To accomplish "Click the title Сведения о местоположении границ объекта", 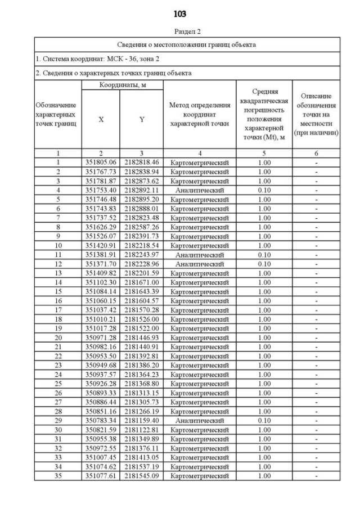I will click(x=187, y=44).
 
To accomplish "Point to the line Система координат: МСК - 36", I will click(x=90, y=58).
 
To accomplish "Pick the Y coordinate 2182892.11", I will click(x=141, y=190).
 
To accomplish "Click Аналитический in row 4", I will click(x=200, y=190).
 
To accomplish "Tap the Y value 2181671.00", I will click(x=141, y=282).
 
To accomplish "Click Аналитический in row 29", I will click(x=200, y=420).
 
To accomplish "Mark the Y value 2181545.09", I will click(x=141, y=475).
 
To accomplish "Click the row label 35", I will click(x=58, y=475).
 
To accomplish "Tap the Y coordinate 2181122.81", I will click(x=141, y=429).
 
